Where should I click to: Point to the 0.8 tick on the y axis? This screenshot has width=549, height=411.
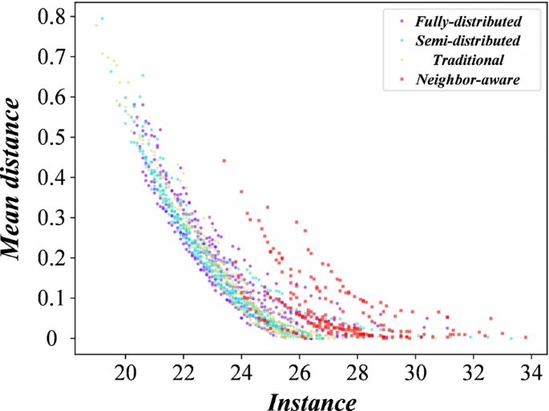tap(50, 15)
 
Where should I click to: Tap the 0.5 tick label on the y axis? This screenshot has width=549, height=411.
tap(50, 136)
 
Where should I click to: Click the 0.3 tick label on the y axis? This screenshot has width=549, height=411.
tap(50, 217)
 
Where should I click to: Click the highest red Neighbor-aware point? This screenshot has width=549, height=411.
tap(224, 161)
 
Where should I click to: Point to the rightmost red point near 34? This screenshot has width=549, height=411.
tap(526, 337)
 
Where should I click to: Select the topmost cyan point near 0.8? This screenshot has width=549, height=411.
tap(102, 18)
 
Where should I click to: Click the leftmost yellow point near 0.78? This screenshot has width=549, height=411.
tap(96, 25)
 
